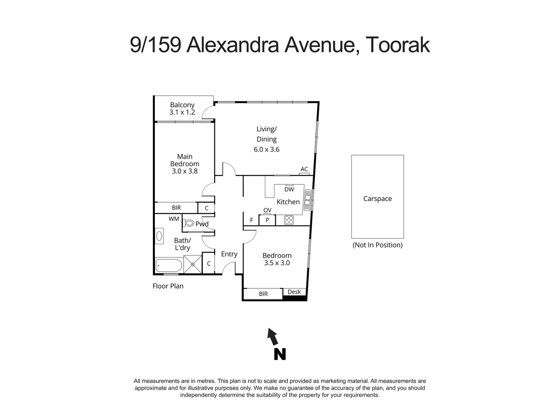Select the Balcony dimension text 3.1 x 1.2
[x=182, y=112]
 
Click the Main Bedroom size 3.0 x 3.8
[x=185, y=171]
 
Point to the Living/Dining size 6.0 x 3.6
[x=266, y=149]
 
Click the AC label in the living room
[x=304, y=169]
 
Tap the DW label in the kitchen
[x=289, y=189]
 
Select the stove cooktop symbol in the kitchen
[x=289, y=220]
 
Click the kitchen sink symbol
[x=308, y=199]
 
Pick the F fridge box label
[x=252, y=220]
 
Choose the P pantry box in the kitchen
[x=267, y=220]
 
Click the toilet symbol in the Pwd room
[x=189, y=223]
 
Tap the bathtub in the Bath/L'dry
[x=169, y=266]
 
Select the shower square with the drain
[x=192, y=264]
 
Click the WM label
[x=174, y=219]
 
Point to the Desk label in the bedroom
[x=294, y=292]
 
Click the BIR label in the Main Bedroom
[x=176, y=208]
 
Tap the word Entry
[x=229, y=254]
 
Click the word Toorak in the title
[x=398, y=45]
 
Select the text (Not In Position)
[x=377, y=245]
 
